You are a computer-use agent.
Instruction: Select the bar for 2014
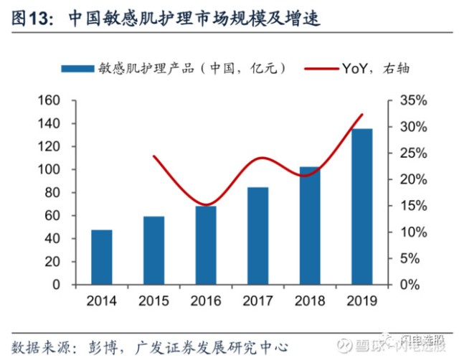(x=102, y=257)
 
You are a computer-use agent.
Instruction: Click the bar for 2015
(x=153, y=250)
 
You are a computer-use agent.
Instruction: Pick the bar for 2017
(x=257, y=236)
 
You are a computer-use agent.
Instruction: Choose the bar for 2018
(x=310, y=226)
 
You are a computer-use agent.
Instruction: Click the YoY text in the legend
(x=356, y=69)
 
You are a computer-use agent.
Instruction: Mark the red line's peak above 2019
(x=363, y=115)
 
